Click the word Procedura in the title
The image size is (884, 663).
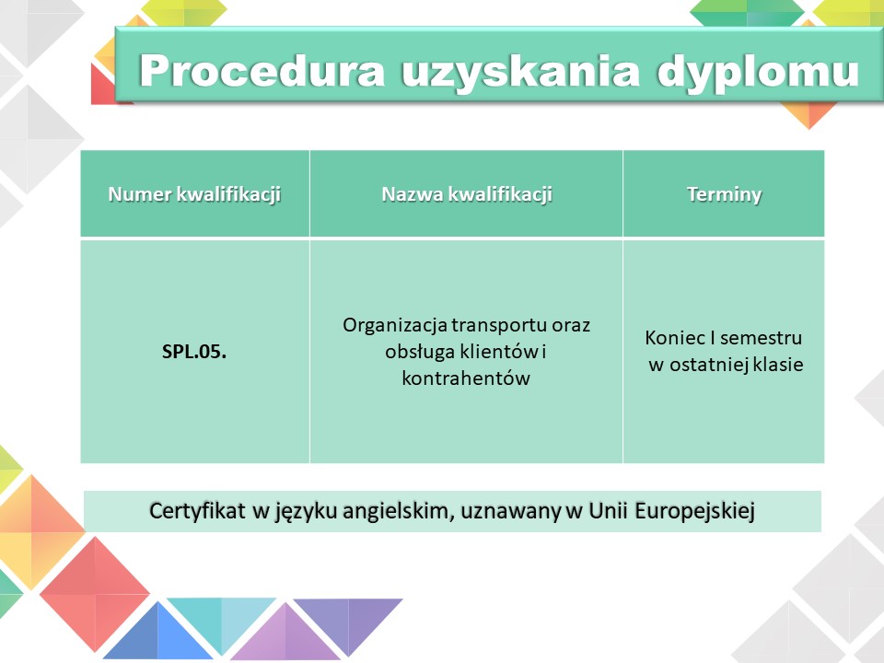pyautogui.click(x=262, y=71)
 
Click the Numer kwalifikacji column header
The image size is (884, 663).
pyautogui.click(x=194, y=194)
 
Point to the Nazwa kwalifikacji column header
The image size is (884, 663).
pyautogui.click(x=467, y=194)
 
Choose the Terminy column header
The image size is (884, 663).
pyautogui.click(x=725, y=195)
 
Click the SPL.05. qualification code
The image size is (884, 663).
pyautogui.click(x=194, y=352)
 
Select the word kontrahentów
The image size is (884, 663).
pyautogui.click(x=466, y=378)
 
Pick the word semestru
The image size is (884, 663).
pyautogui.click(x=762, y=339)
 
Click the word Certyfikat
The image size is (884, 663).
pyautogui.click(x=197, y=511)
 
